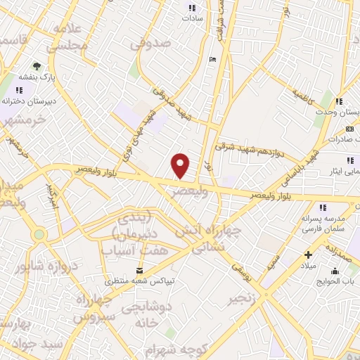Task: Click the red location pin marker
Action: [181, 165]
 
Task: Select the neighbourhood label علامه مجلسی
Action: [68, 36]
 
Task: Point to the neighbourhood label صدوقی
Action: [150, 44]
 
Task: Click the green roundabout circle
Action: [38, 234]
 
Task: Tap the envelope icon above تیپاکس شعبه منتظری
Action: [139, 271]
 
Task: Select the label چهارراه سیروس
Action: [90, 308]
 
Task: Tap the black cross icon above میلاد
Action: [307, 254]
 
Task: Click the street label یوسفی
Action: [240, 266]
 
